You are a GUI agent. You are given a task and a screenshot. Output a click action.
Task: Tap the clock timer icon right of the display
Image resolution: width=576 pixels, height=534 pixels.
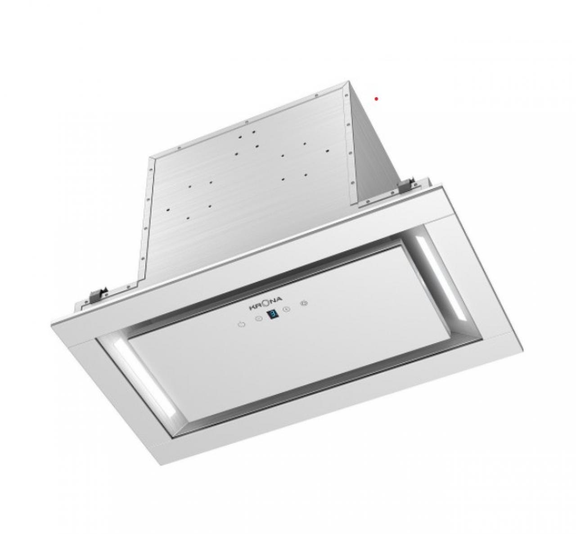(286, 309)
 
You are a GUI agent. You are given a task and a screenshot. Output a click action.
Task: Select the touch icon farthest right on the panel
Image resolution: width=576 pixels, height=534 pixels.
(304, 303)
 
